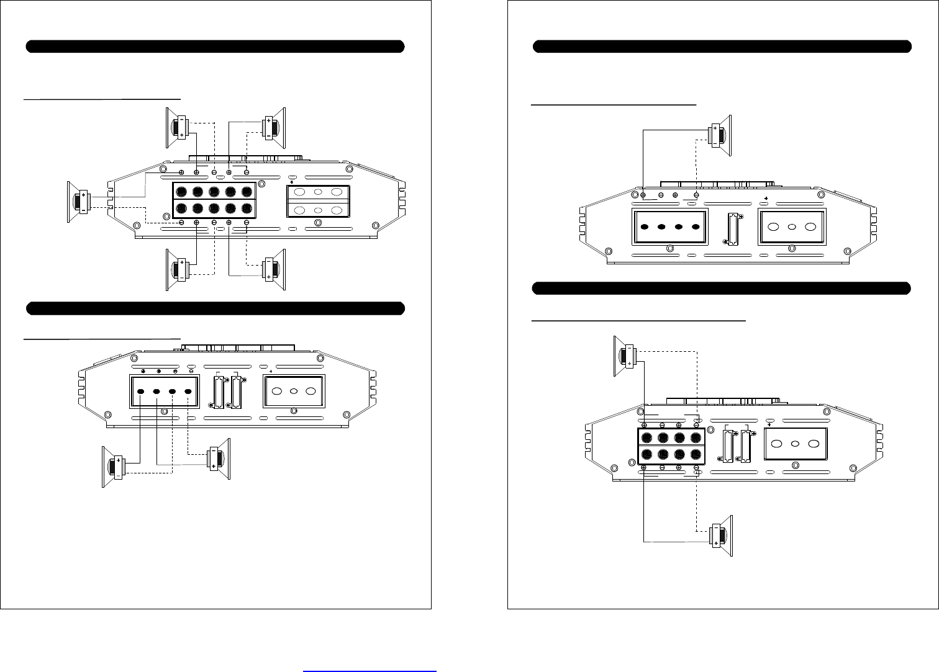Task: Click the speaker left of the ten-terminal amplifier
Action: click(80, 202)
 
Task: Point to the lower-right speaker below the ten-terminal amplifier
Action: click(272, 269)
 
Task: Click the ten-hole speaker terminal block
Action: click(213, 200)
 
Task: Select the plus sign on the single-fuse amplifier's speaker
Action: click(715, 128)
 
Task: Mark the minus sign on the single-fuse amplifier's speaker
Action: click(715, 143)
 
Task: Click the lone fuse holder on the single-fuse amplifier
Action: click(733, 228)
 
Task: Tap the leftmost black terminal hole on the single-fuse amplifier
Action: click(645, 227)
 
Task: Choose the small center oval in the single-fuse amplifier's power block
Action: click(792, 227)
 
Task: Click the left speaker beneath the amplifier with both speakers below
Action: click(116, 467)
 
